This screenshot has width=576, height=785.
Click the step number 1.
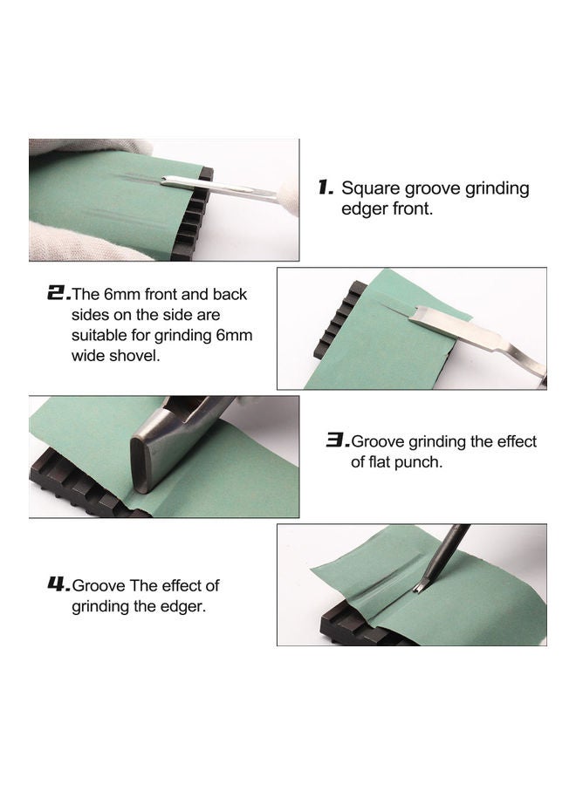(x=325, y=188)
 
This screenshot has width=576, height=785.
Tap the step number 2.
(x=58, y=294)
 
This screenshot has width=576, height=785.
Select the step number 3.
(x=337, y=441)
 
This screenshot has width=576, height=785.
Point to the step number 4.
(x=58, y=585)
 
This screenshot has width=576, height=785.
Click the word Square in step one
(x=366, y=188)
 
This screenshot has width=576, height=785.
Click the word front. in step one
(x=408, y=209)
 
